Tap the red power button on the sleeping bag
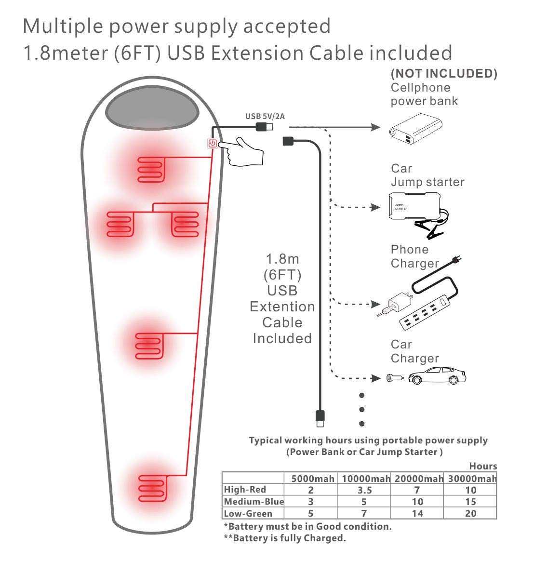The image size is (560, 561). pyautogui.click(x=213, y=144)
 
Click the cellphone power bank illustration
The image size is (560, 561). pyautogui.click(x=416, y=129)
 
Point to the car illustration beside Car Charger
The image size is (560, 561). pyautogui.click(x=437, y=375)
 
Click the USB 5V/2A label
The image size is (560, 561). pyautogui.click(x=265, y=116)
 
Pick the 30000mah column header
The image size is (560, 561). pyautogui.click(x=472, y=479)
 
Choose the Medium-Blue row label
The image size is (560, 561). pyautogui.click(x=253, y=501)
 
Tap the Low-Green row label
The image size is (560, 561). pyautogui.click(x=248, y=513)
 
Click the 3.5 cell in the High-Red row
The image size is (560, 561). pyautogui.click(x=365, y=490)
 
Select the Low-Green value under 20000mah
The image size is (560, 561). pyautogui.click(x=417, y=513)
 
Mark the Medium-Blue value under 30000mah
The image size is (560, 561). pyautogui.click(x=470, y=502)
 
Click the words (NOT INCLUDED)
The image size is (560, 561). pyautogui.click(x=444, y=73)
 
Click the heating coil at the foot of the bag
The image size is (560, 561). pyautogui.click(x=153, y=488)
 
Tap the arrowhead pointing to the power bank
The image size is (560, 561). pyautogui.click(x=375, y=127)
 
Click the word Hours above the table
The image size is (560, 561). pyautogui.click(x=483, y=466)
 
